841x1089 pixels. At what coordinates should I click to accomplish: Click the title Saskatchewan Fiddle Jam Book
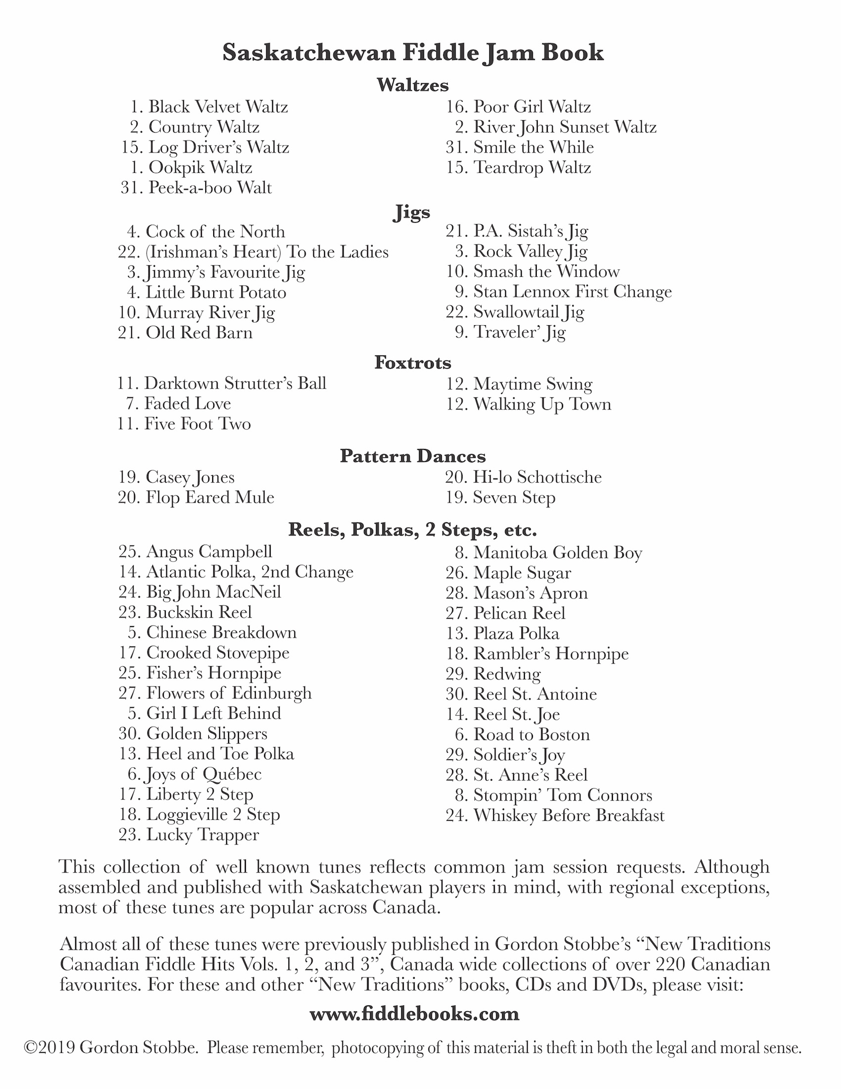click(x=413, y=53)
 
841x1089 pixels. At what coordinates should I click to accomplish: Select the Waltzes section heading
click(x=413, y=85)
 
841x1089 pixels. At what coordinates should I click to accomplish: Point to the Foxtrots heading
click(x=413, y=362)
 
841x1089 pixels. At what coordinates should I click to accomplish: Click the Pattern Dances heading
click(x=413, y=456)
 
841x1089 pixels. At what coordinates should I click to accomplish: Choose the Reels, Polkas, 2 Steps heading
click(x=413, y=530)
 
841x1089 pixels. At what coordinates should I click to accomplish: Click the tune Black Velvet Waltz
click(x=218, y=107)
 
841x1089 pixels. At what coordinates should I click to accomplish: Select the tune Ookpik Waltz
click(x=200, y=167)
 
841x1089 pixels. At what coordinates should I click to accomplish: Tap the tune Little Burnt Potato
click(x=216, y=292)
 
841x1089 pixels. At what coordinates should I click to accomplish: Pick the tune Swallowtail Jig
click(x=529, y=312)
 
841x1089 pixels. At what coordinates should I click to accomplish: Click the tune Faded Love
click(x=187, y=403)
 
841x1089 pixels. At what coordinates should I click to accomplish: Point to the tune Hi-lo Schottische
click(x=537, y=477)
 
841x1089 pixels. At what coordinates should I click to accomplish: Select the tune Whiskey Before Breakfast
click(x=568, y=815)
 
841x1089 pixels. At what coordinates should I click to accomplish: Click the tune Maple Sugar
click(x=522, y=573)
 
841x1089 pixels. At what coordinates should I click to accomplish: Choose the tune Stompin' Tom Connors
click(x=562, y=795)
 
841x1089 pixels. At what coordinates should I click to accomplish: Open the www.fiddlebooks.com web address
click(x=414, y=1014)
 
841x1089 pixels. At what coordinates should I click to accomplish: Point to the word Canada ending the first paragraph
click(x=406, y=907)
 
